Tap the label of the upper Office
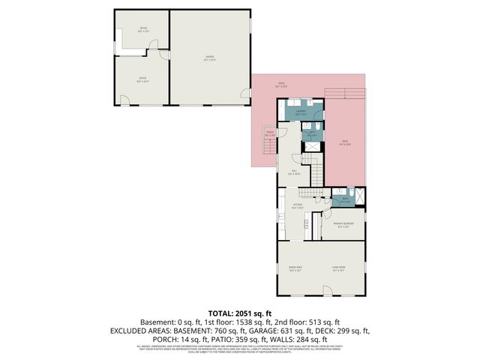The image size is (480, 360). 142,30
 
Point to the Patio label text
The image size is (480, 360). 280,84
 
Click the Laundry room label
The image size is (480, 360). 300,112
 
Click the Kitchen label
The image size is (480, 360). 297,205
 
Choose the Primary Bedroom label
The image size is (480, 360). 344,224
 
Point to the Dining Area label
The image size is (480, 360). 295,268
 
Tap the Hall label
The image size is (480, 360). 295,172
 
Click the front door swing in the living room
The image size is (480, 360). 328,289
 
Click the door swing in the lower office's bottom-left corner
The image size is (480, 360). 124,100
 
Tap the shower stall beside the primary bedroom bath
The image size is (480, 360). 361,197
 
